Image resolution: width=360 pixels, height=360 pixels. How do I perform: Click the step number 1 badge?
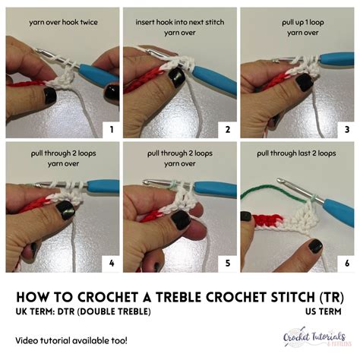(x=111, y=129)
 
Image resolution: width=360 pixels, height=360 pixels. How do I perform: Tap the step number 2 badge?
(x=227, y=129)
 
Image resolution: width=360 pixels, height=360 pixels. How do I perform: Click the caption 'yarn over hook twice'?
(x=63, y=23)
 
